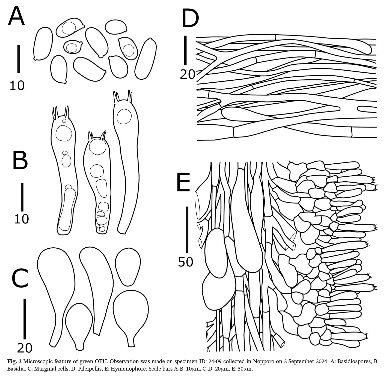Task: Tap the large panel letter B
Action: pyautogui.click(x=20, y=160)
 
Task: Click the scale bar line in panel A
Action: pyautogui.click(x=19, y=59)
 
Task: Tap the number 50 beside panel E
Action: pyautogui.click(x=185, y=261)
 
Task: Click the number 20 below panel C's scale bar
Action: pyautogui.click(x=25, y=348)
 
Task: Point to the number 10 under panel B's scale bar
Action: pyautogui.click(x=22, y=219)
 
